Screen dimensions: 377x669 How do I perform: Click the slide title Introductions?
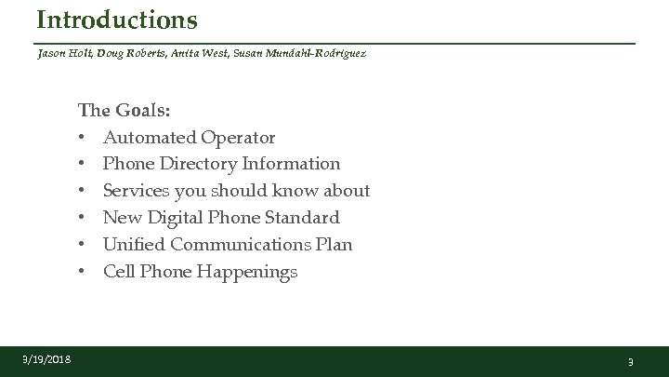[x=117, y=19]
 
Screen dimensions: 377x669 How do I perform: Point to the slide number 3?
[x=630, y=361]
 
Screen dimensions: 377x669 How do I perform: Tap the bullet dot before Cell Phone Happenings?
[x=83, y=272]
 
